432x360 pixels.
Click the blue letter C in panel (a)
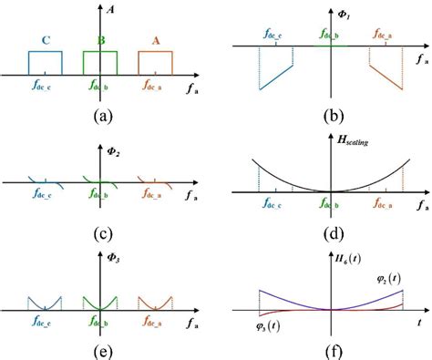pyautogui.click(x=45, y=40)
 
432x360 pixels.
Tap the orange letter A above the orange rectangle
pyautogui.click(x=154, y=40)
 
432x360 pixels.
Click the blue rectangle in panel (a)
pyautogui.click(x=45, y=62)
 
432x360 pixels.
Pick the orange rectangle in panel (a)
pyautogui.click(x=154, y=62)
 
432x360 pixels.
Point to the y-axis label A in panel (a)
pyautogui.click(x=110, y=11)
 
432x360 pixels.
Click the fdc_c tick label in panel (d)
pyautogui.click(x=275, y=204)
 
